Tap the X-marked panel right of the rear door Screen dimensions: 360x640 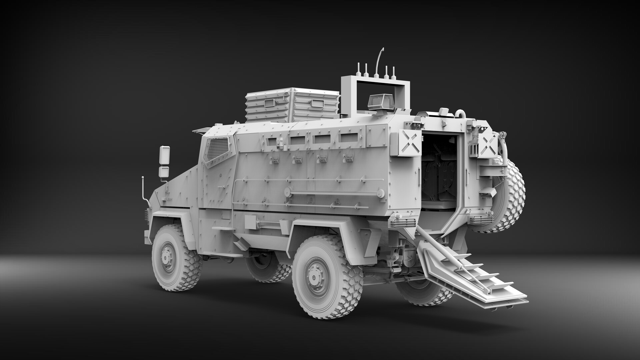pos(487,145)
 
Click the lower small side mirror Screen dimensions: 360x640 pos(164,172)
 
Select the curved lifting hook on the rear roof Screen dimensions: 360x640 pos(462,113)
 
